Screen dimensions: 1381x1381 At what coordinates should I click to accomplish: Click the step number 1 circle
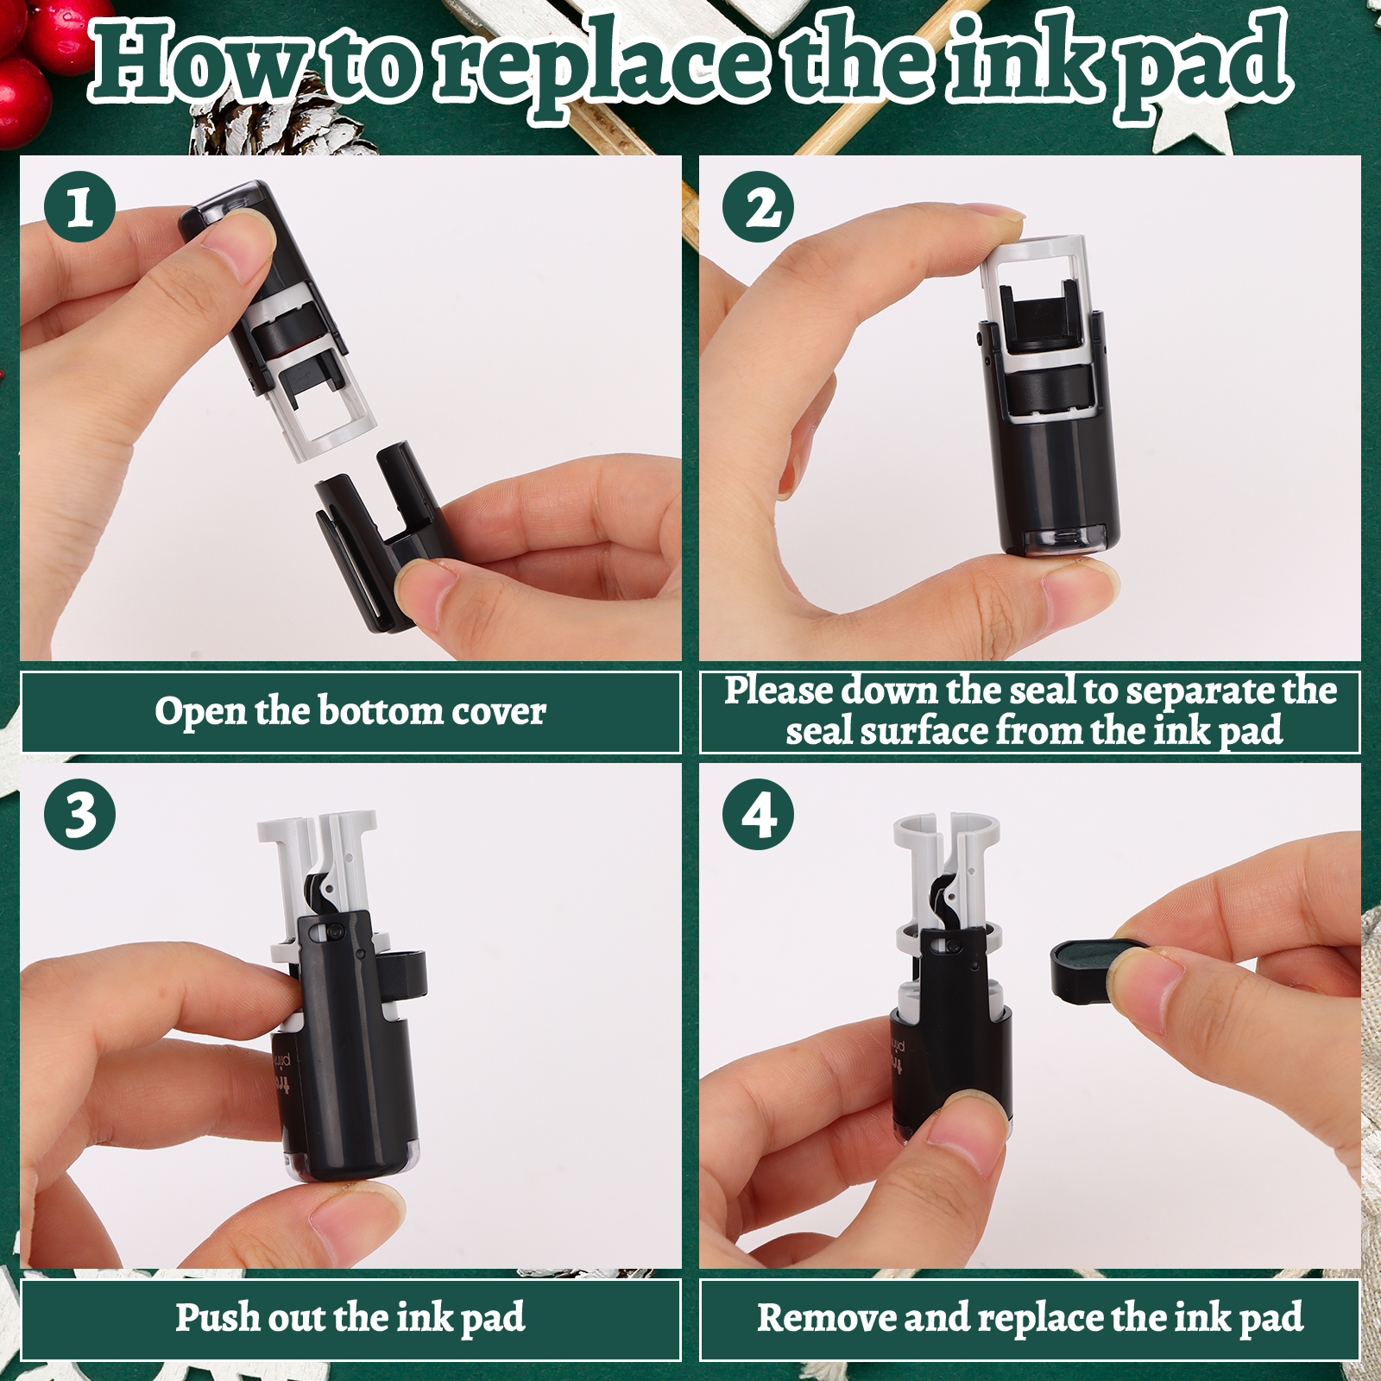point(79,207)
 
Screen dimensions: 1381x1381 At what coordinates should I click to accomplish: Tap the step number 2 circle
point(759,207)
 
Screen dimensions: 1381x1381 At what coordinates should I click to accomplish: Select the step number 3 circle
point(79,814)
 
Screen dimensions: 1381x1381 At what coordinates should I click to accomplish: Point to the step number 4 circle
point(759,814)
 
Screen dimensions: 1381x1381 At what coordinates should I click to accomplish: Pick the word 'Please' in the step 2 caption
point(779,691)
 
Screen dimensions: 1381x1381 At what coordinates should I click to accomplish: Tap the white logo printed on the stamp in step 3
point(283,1074)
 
